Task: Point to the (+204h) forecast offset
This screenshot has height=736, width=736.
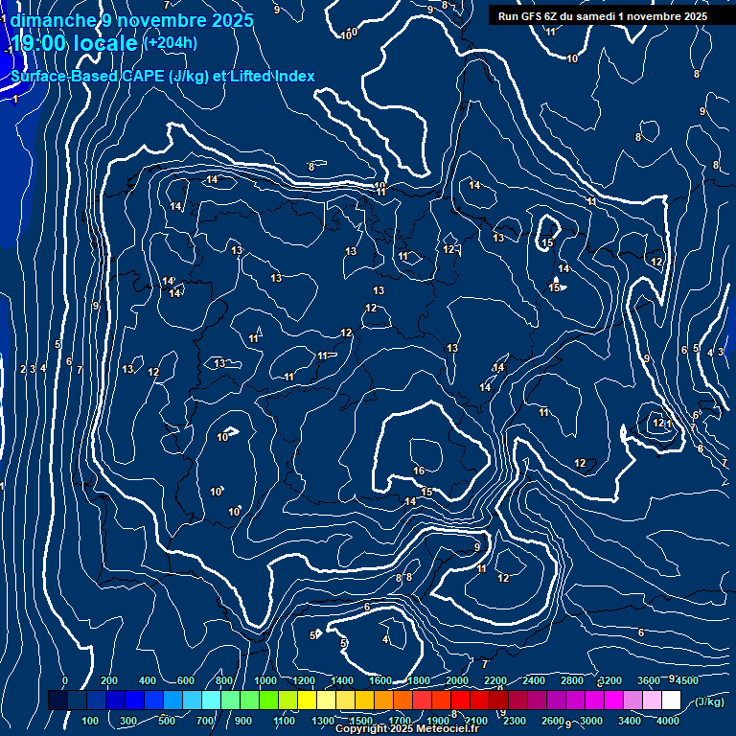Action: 171,42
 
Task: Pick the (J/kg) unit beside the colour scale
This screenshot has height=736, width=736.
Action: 708,701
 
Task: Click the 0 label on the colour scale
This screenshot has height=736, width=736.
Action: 65,680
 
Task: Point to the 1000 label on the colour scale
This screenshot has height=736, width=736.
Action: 265,680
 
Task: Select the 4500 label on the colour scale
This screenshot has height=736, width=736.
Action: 687,680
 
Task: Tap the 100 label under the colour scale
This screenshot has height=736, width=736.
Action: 90,721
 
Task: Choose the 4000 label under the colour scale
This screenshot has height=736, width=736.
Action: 670,721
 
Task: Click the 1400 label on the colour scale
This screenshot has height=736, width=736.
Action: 342,680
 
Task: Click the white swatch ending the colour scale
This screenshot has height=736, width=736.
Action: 671,701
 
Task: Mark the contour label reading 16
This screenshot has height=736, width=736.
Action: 419,471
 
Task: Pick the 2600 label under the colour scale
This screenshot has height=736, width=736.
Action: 553,721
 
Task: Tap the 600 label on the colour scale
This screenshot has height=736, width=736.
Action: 186,680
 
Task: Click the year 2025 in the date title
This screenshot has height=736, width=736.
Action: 233,20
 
